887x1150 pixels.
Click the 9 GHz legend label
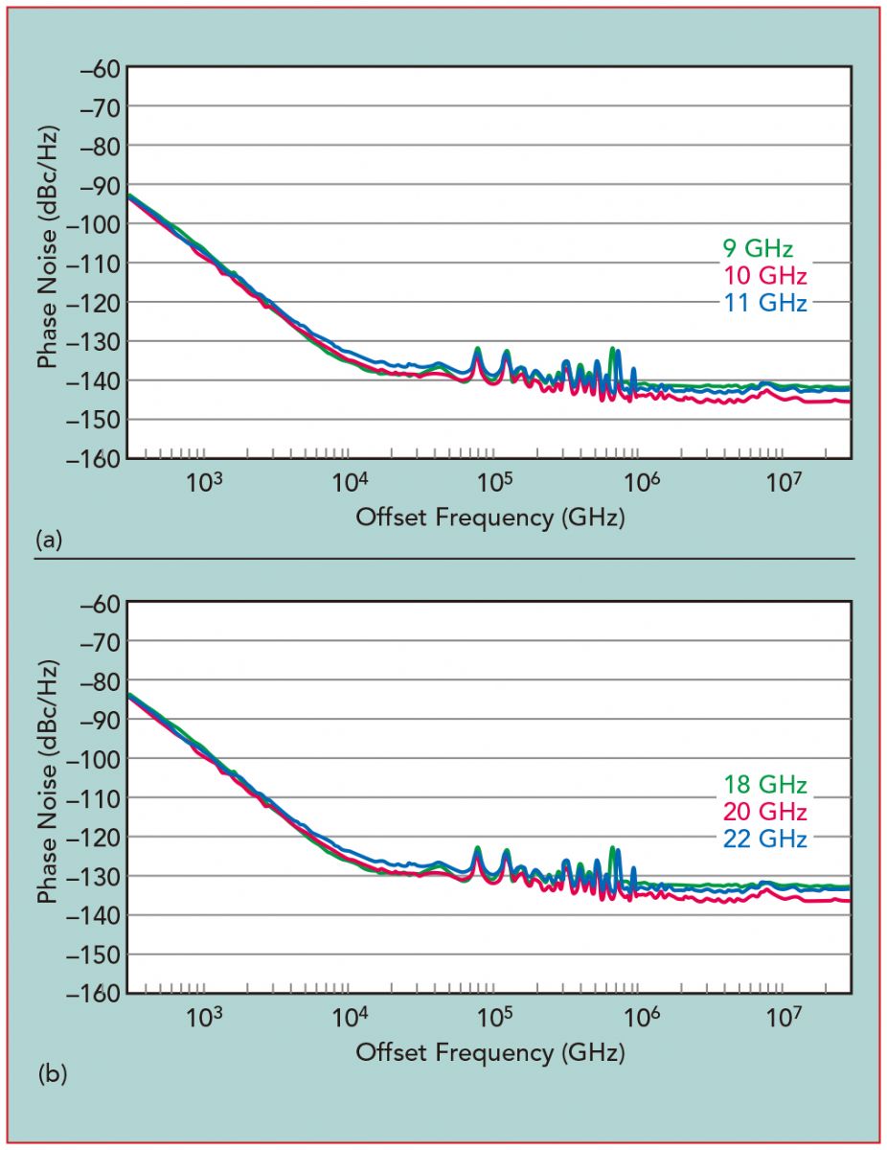click(x=757, y=250)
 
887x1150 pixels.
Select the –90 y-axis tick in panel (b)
click(x=93, y=720)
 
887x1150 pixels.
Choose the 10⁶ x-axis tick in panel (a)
click(x=638, y=481)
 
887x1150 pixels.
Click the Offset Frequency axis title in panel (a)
click(x=489, y=517)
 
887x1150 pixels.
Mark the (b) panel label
click(x=51, y=1075)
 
